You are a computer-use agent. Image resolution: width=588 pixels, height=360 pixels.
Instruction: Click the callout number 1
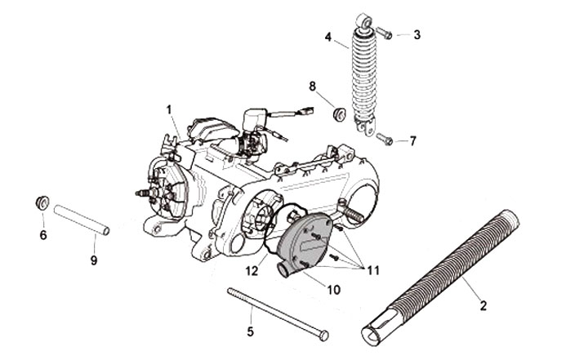169,109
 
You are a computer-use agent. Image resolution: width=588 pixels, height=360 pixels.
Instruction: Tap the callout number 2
483,306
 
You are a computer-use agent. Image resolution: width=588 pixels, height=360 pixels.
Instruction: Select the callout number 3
416,34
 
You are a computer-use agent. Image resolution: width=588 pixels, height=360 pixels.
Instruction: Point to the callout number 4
327,38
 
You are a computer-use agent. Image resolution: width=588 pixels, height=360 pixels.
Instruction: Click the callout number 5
251,331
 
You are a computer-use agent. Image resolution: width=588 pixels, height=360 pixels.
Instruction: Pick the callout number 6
43,235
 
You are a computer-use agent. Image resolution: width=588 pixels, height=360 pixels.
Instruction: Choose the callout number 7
412,140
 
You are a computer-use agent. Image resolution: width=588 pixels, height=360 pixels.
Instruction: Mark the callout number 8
312,86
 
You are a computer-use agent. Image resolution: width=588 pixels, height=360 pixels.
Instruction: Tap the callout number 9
93,260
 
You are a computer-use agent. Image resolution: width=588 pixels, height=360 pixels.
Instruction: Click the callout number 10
310,289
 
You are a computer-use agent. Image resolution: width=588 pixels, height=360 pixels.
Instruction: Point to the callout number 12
253,269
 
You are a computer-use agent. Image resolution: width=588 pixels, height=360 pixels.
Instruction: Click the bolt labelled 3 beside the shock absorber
386,33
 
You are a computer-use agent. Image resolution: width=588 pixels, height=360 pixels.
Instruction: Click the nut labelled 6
40,200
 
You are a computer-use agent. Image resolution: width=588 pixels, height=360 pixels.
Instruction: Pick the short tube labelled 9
81,222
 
